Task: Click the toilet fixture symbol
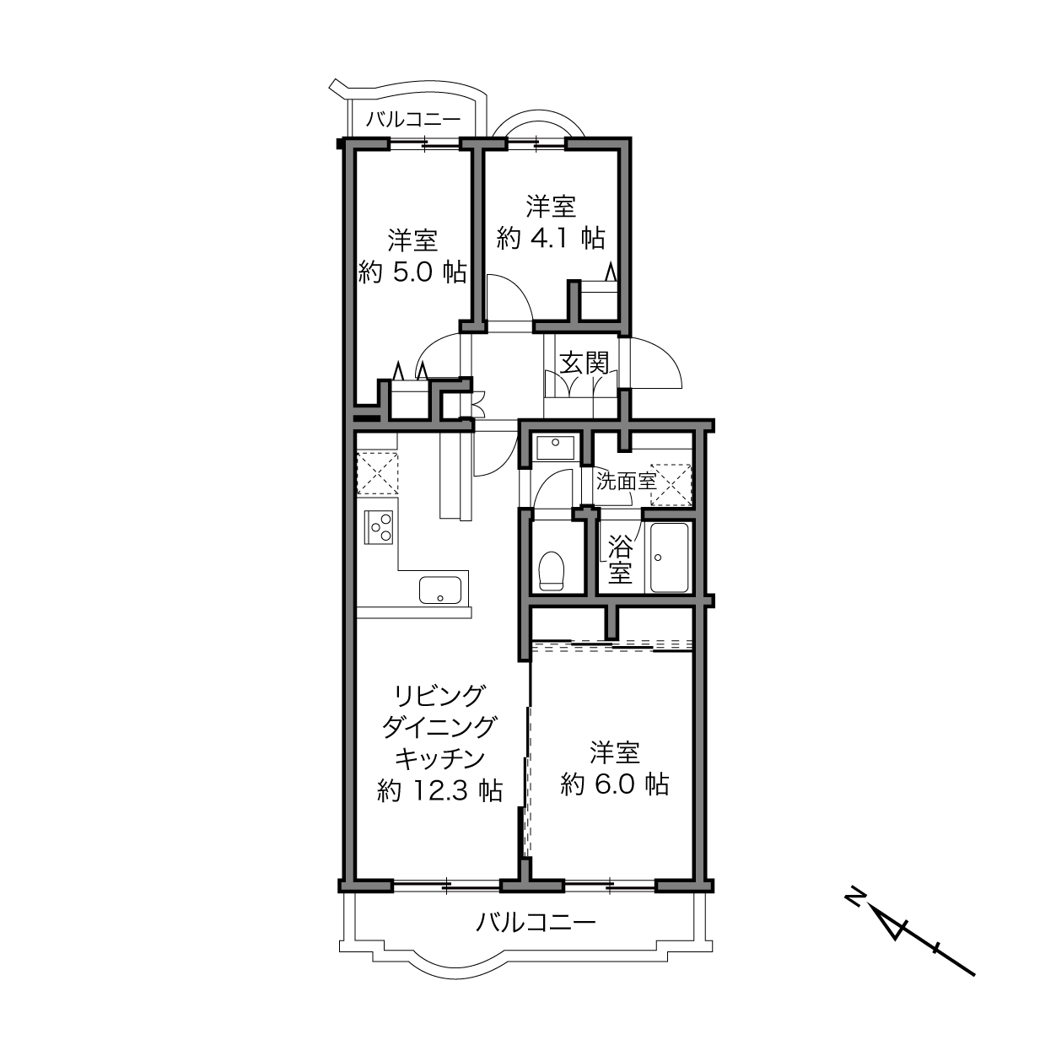pyautogui.click(x=552, y=570)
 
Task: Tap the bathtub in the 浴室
pyautogui.click(x=669, y=558)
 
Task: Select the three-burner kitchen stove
pyautogui.click(x=378, y=527)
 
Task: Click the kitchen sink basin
pyautogui.click(x=440, y=590)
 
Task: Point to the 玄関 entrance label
pyautogui.click(x=585, y=363)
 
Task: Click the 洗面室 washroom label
pyautogui.click(x=626, y=481)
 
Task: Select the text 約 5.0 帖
pyautogui.click(x=412, y=272)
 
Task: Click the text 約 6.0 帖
pyautogui.click(x=614, y=784)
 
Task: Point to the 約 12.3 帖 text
pyautogui.click(x=440, y=790)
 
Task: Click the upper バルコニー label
pyautogui.click(x=414, y=119)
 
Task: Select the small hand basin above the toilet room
pyautogui.click(x=555, y=448)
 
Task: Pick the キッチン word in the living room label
pyautogui.click(x=440, y=758)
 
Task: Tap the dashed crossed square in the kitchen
pyautogui.click(x=377, y=473)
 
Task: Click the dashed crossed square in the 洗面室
pyautogui.click(x=671, y=484)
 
